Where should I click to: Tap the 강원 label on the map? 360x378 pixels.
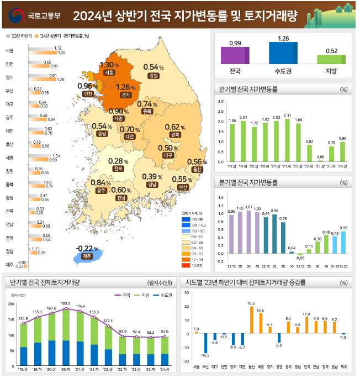(x=153, y=76)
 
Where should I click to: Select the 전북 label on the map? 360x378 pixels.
(x=118, y=169)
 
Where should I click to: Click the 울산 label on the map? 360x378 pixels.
(x=196, y=169)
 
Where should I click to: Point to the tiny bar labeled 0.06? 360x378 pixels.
(x=320, y=160)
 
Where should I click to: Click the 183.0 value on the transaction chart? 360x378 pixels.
(x=66, y=303)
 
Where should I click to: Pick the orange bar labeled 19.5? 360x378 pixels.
(x=251, y=319)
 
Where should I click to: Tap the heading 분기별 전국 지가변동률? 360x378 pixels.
(x=248, y=182)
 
